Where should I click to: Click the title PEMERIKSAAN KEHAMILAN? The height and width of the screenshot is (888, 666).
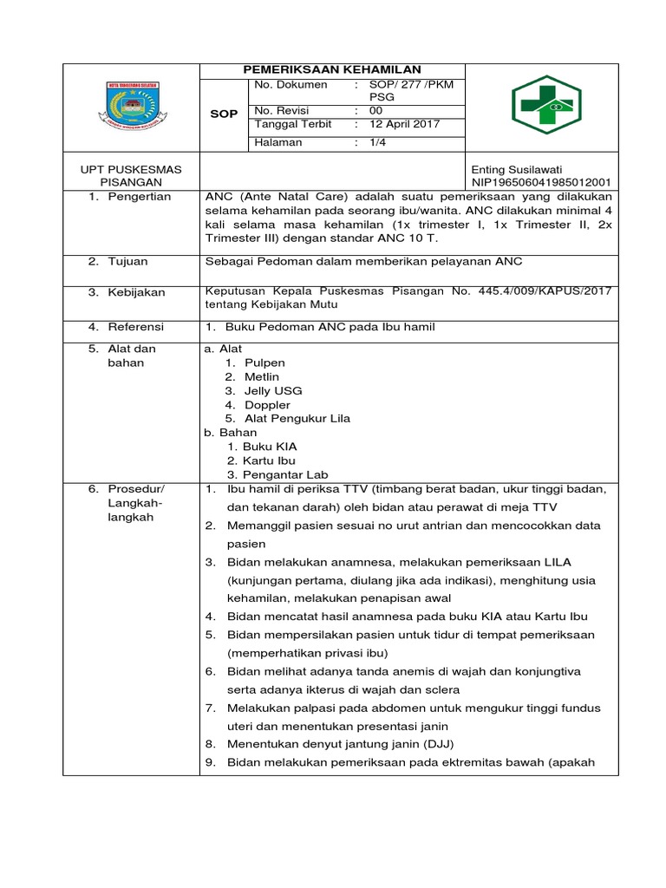click(x=333, y=70)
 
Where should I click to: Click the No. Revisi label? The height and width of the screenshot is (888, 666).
click(x=282, y=110)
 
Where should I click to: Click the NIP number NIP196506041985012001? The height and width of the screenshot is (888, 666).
click(x=540, y=183)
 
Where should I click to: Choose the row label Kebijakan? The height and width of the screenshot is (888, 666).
click(x=136, y=292)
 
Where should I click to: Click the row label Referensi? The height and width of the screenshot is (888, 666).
click(x=135, y=327)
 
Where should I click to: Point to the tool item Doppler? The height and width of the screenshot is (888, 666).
click(x=268, y=405)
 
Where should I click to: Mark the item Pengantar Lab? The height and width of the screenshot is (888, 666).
click(x=283, y=474)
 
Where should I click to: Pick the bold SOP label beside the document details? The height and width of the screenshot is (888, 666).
click(x=225, y=114)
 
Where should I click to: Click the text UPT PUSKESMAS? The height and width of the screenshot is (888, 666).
click(x=132, y=169)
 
